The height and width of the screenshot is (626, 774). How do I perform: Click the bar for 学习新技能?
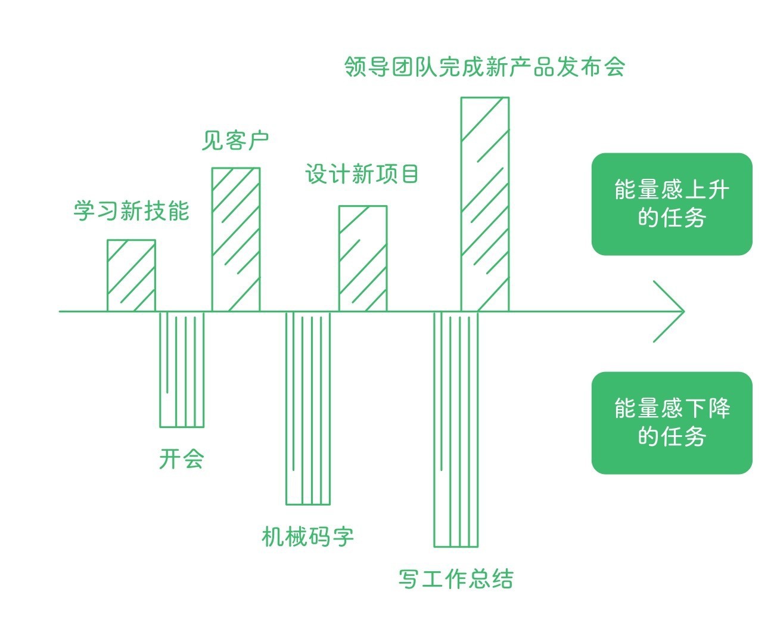pos(131,275)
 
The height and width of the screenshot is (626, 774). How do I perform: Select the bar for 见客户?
pos(236,239)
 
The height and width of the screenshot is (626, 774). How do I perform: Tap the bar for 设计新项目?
pos(363,259)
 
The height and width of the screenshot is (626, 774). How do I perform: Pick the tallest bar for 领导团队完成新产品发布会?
pos(485,204)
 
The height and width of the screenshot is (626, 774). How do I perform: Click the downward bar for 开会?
pos(182,370)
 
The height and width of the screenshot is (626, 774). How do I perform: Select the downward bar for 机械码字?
pos(308,408)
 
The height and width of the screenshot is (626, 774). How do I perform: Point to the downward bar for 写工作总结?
pos(456,429)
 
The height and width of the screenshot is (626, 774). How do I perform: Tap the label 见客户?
pos(235,140)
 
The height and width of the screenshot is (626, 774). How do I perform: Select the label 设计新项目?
pos(362,173)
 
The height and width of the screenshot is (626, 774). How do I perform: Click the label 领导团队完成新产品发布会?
pos(484,67)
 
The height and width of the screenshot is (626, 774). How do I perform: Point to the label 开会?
pos(181,459)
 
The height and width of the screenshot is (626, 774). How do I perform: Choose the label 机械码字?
pos(307,537)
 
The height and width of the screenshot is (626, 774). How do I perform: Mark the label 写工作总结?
pos(456,579)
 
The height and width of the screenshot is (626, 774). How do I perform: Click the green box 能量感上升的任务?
pos(672,204)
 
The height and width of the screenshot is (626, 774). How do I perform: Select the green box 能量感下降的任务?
pos(672,423)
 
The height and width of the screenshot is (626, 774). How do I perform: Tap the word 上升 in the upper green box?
pos(707,190)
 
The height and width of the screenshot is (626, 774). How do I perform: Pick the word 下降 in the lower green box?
pos(707,408)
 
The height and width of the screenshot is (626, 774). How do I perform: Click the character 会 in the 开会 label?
pos(193,459)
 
